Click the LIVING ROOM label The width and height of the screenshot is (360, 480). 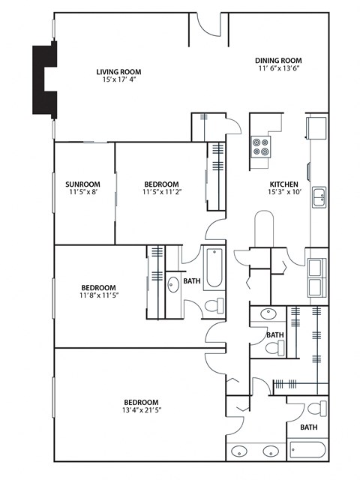click(x=118, y=72)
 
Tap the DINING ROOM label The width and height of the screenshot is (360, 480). click(x=277, y=60)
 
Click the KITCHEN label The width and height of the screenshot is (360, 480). click(x=284, y=184)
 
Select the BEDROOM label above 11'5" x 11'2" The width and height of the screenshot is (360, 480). click(x=160, y=184)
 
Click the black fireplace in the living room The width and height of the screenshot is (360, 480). click(x=43, y=79)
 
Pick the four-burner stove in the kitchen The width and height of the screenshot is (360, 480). click(x=261, y=145)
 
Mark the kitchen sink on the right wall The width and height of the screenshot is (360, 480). click(x=319, y=197)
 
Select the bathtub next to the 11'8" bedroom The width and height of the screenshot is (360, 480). click(x=214, y=268)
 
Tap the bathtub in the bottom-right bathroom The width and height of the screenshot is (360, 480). click(x=306, y=451)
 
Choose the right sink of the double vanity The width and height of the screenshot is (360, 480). click(x=270, y=452)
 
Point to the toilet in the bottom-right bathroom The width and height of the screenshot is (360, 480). click(x=322, y=409)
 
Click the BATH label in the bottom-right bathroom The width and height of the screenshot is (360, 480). click(x=308, y=427)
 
